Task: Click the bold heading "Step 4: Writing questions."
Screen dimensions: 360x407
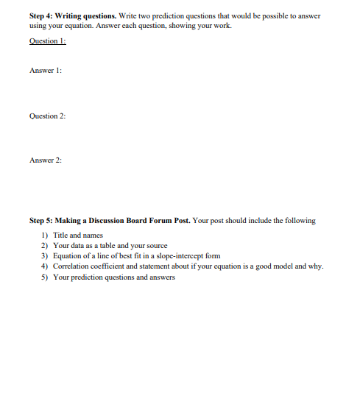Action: coord(71,16)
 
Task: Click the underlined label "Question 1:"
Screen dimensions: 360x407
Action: coord(48,41)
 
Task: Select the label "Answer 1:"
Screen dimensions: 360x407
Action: coord(46,71)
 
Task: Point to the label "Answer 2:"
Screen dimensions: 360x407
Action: coord(46,160)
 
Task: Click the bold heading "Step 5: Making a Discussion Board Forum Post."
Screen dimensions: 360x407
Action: coord(109,220)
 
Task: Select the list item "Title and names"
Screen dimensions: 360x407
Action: coord(78,235)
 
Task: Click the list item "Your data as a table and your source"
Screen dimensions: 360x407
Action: coord(110,245)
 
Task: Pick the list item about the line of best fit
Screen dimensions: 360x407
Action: coord(137,255)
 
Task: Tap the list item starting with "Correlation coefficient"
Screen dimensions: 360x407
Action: coord(188,266)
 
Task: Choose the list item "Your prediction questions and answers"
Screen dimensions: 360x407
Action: coord(114,277)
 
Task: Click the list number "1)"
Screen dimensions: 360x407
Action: coord(44,235)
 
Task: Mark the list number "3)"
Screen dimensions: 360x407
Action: coord(44,255)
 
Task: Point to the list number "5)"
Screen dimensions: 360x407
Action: coord(44,277)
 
